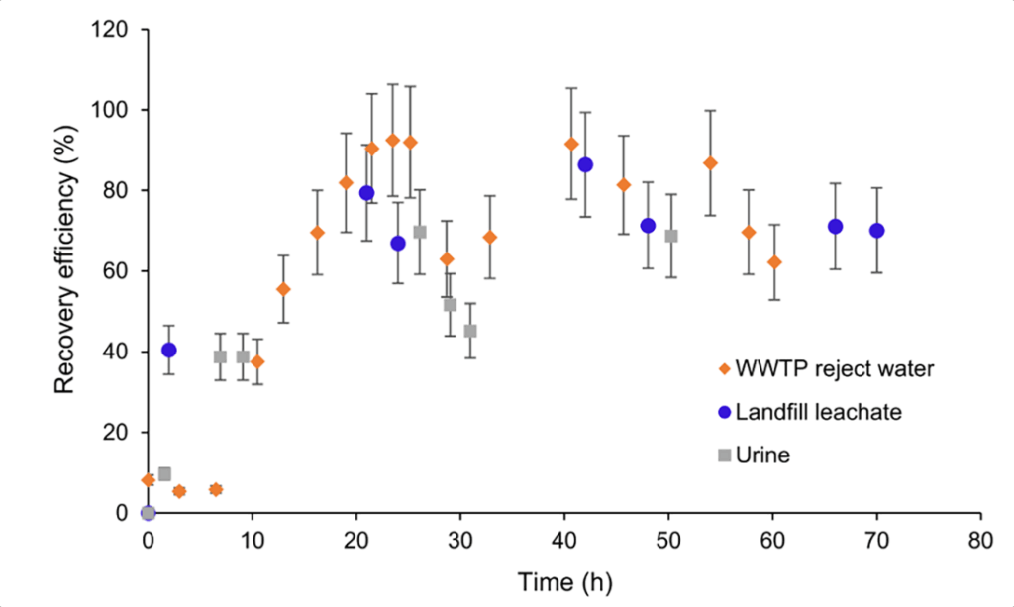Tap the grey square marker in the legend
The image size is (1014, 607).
point(725,455)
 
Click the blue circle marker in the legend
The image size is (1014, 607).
point(725,412)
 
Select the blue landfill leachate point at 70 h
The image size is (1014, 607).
point(876,231)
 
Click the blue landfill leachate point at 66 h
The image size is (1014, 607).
point(835,227)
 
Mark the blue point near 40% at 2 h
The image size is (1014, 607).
point(169,350)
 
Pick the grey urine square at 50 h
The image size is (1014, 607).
point(671,236)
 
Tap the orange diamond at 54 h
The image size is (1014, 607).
point(710,163)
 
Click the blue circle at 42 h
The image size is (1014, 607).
point(585,164)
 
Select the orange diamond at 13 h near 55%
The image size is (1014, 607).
point(283,289)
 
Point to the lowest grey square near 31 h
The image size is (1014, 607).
point(470,331)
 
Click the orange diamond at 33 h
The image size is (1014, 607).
point(489,238)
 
